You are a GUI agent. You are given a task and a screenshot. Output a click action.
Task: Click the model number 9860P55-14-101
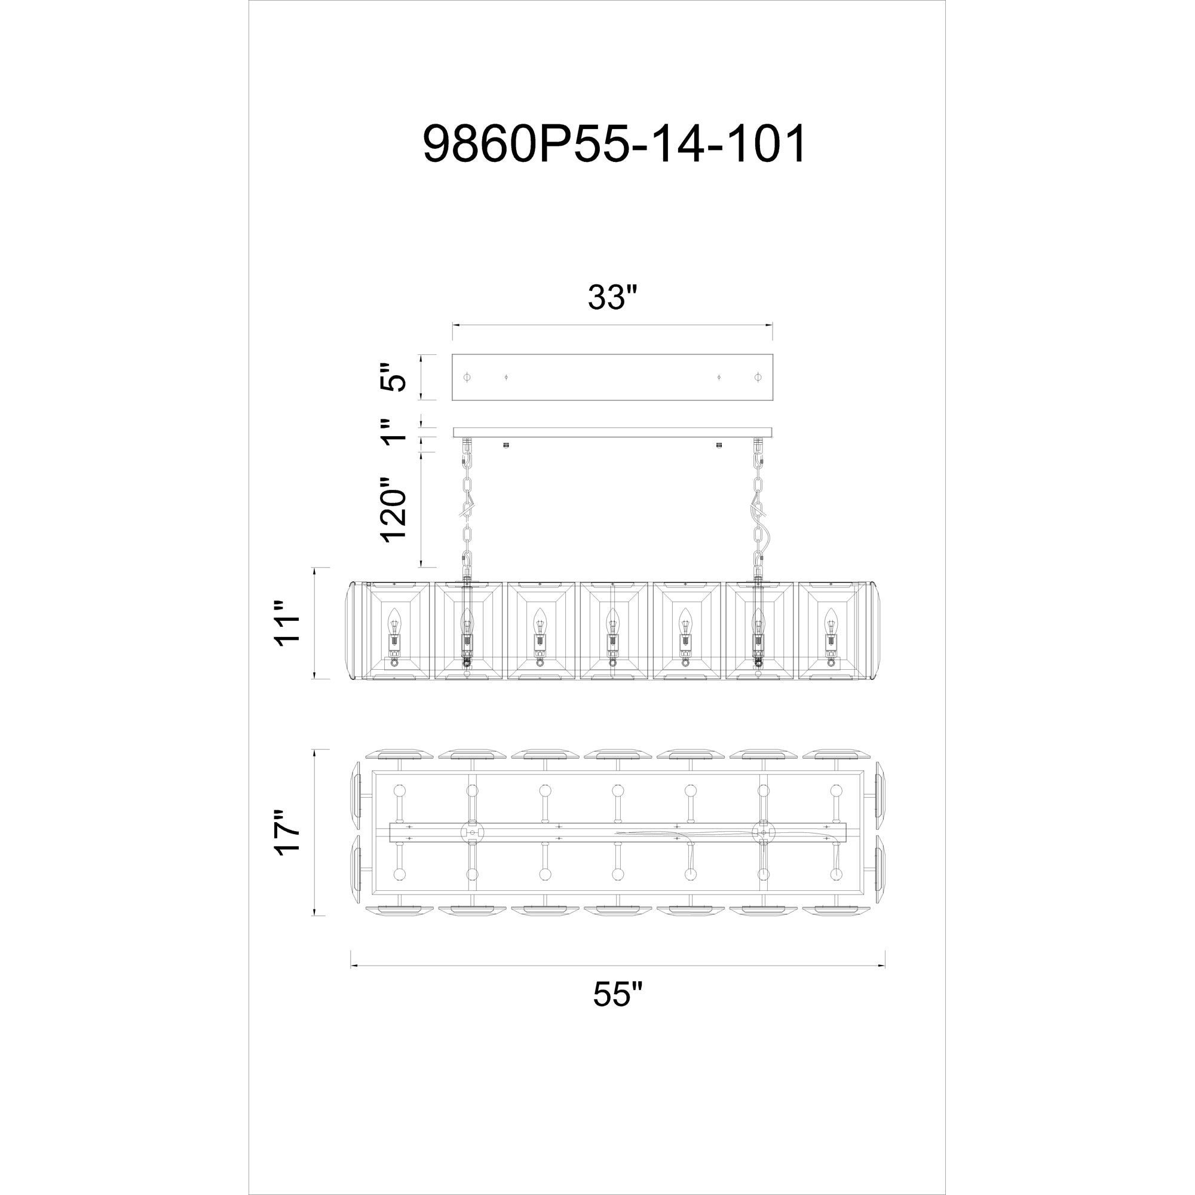(x=614, y=143)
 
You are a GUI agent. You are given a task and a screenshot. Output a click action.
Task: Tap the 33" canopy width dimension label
(x=612, y=298)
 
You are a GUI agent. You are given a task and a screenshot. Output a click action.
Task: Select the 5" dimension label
(x=394, y=377)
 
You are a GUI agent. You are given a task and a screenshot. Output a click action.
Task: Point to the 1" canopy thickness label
(x=394, y=432)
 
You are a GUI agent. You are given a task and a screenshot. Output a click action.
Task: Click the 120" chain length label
(x=394, y=509)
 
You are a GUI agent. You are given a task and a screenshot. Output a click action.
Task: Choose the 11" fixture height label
(x=288, y=623)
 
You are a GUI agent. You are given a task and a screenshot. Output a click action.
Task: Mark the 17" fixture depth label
(x=288, y=832)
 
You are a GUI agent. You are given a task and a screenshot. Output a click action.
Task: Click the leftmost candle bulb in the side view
(x=394, y=618)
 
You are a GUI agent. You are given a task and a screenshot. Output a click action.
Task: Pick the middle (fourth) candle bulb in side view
(x=612, y=618)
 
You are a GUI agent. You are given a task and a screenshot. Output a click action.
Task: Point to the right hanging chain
(x=758, y=507)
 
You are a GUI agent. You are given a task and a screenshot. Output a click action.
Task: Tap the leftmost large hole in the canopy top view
(x=467, y=377)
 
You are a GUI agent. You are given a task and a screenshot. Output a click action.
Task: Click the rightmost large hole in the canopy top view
(x=758, y=377)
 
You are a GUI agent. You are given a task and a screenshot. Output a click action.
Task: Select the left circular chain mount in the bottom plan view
(x=473, y=833)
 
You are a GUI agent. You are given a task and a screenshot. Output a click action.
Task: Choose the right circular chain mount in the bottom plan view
(x=763, y=833)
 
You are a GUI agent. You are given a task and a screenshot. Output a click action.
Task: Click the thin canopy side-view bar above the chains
(x=612, y=432)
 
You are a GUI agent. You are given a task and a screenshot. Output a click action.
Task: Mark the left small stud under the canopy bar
(x=506, y=445)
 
